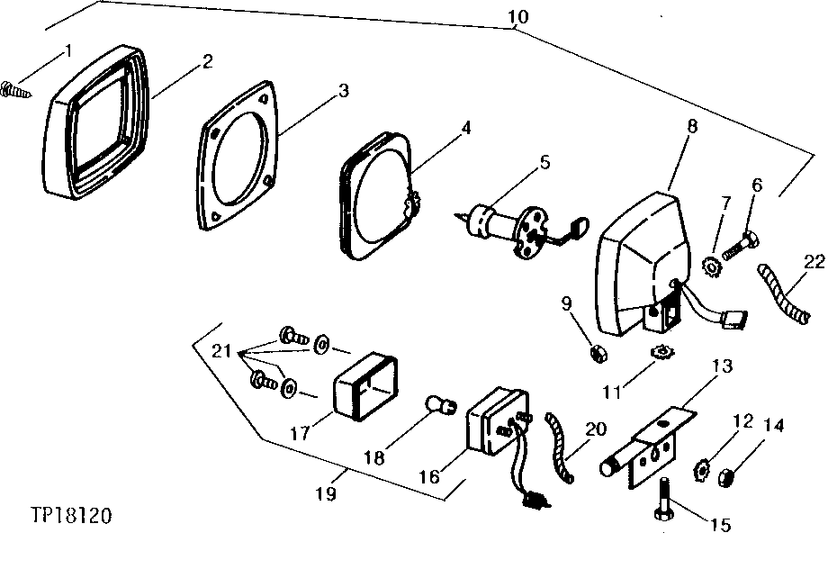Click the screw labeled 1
[x=15, y=90]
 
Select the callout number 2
[x=208, y=61]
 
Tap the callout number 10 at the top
[x=518, y=16]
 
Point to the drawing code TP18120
[x=71, y=515]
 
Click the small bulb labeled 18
[x=440, y=406]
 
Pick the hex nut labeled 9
[x=598, y=353]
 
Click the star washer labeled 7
[x=713, y=266]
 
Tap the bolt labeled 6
[x=741, y=246]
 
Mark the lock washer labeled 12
[x=702, y=470]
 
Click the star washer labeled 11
[x=661, y=352]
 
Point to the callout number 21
[x=221, y=351]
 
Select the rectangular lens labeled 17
[x=365, y=386]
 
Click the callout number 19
[x=326, y=493]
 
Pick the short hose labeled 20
[x=560, y=447]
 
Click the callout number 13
[x=722, y=366]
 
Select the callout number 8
[x=692, y=126]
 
